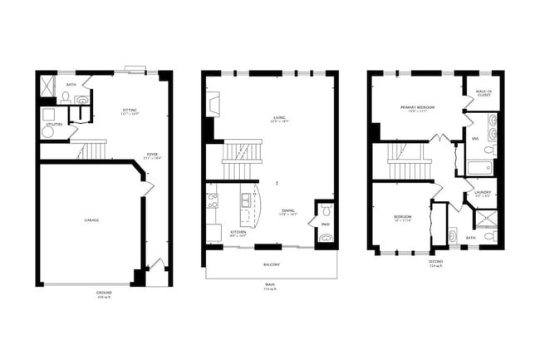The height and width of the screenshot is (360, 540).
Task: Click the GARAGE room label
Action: tap(91, 220)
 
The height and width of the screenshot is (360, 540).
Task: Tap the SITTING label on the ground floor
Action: tap(130, 111)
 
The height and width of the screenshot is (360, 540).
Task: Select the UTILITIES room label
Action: tap(54, 124)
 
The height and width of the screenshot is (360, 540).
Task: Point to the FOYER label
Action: tap(152, 155)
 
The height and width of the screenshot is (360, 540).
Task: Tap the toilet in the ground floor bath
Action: tap(66, 97)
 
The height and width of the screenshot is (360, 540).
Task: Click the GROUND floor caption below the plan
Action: tap(104, 293)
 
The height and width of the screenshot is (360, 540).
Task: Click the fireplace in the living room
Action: tap(213, 104)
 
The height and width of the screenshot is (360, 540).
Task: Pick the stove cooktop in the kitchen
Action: tap(213, 200)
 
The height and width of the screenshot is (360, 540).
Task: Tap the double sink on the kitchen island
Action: tap(247, 200)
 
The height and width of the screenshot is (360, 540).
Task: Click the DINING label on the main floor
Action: tap(287, 211)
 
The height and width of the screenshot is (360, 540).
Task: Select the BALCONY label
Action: tap(271, 264)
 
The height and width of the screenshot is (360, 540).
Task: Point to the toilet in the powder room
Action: tap(326, 210)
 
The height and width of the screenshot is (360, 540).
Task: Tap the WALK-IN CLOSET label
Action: tap(483, 93)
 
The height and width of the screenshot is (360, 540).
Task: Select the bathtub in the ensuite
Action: tap(479, 167)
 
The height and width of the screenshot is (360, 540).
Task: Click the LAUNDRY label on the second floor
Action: tap(483, 193)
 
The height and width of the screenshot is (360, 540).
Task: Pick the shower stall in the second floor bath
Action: tap(483, 219)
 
